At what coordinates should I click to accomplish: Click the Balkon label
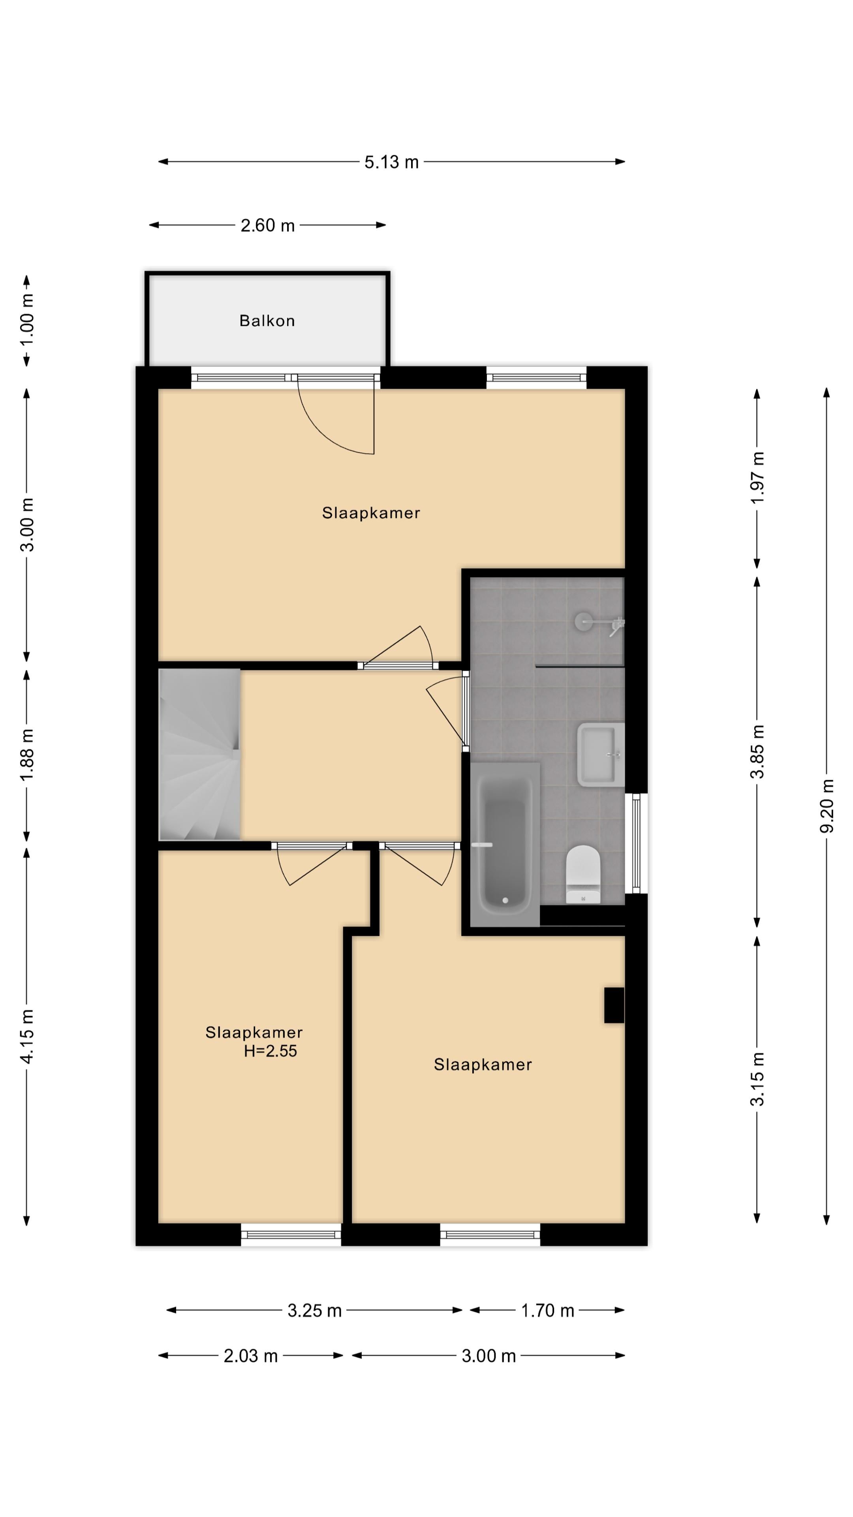click(x=267, y=321)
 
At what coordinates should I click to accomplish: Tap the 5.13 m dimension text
click(x=391, y=162)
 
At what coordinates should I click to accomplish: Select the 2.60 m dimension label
click(x=267, y=226)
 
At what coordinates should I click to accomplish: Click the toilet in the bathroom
click(x=583, y=875)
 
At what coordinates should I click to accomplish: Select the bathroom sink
click(x=600, y=755)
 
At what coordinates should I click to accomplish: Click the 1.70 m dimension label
click(x=547, y=1310)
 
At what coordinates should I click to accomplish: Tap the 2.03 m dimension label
click(x=250, y=1356)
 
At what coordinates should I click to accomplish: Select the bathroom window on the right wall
click(x=636, y=843)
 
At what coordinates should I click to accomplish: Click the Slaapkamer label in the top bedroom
click(x=371, y=513)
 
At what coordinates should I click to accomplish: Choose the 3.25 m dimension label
click(x=314, y=1310)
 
